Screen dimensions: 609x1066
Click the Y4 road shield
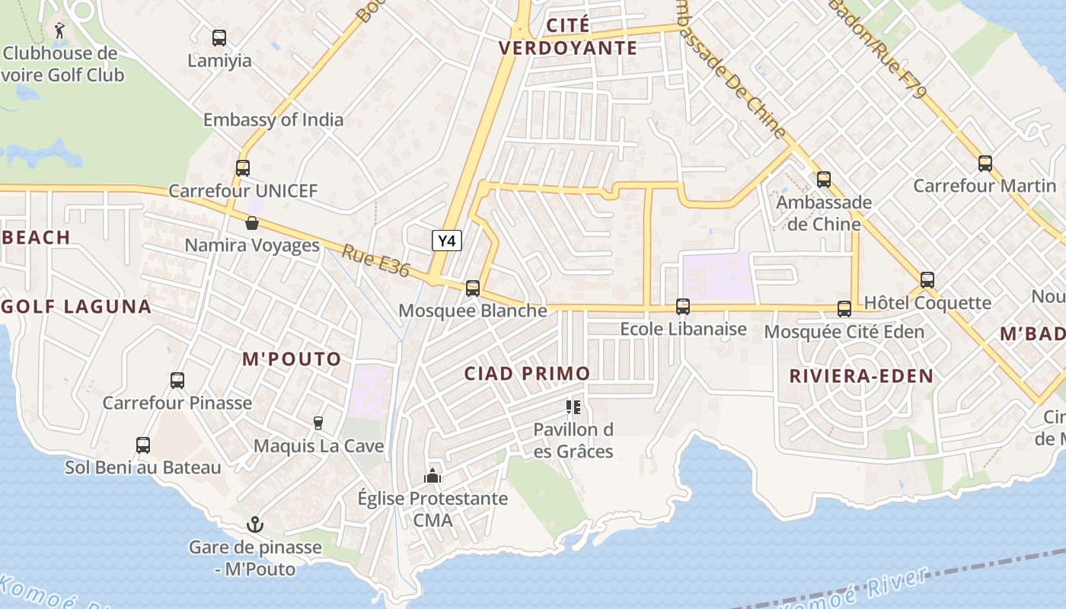448,241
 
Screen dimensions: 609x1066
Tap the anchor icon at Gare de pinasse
255,525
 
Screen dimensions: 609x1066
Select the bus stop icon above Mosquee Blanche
473,289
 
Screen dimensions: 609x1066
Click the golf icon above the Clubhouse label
59,30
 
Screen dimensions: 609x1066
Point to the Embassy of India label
273,120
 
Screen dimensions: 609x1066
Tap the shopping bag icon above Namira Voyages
252,223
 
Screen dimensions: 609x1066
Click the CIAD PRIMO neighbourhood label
527,374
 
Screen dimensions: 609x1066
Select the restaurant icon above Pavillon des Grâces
573,407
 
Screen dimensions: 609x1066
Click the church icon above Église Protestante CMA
432,477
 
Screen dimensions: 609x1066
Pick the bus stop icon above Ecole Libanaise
683,307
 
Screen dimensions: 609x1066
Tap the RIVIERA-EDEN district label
861,376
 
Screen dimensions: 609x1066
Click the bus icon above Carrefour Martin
985,163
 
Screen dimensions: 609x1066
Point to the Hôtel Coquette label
927,303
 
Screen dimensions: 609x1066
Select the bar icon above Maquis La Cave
318,423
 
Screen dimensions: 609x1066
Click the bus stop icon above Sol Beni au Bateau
142,445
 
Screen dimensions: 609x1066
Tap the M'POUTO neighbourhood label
292,359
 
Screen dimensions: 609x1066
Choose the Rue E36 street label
375,261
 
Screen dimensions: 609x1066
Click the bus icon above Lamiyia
219,37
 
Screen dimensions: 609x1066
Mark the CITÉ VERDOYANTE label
568,37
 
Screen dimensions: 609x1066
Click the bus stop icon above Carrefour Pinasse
177,381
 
